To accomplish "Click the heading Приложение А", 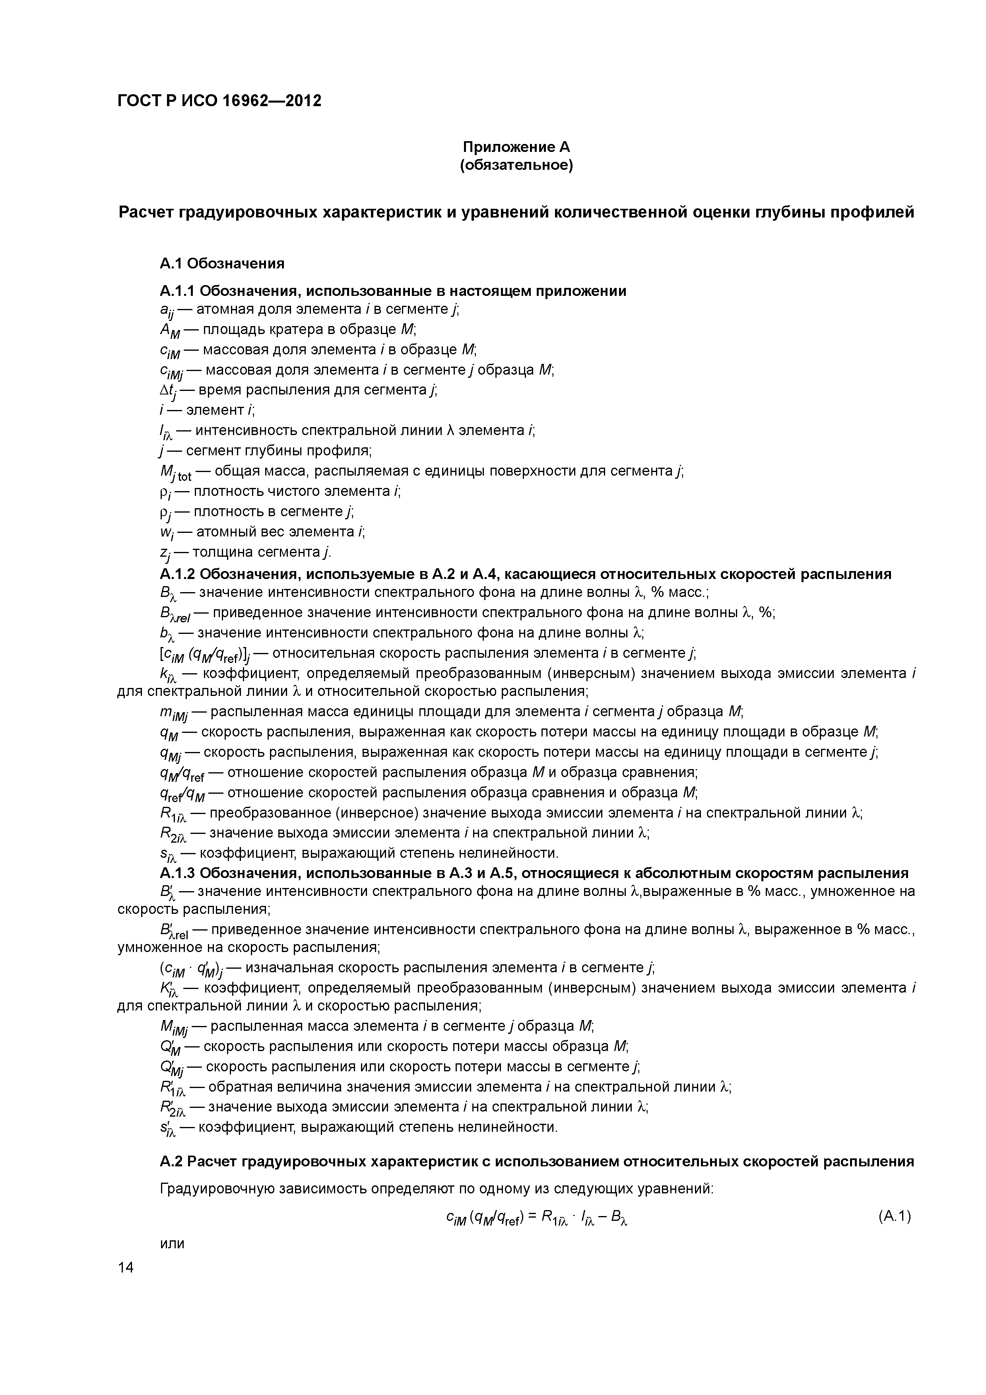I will click(x=516, y=147).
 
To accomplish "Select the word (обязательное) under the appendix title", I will click(x=516, y=165).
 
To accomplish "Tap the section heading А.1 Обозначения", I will click(x=222, y=263).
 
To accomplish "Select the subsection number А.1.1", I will click(x=177, y=291).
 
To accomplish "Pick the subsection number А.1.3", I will click(x=177, y=873).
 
